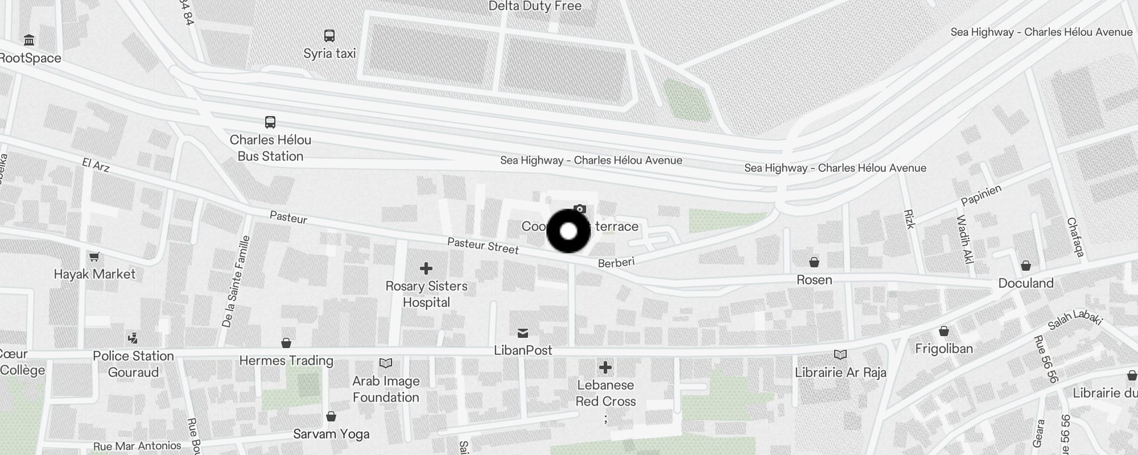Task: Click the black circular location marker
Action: [568, 231]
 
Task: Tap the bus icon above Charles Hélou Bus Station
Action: [270, 122]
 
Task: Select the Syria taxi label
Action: [329, 53]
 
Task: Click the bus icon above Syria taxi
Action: [329, 35]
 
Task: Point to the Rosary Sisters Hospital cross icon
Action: [426, 268]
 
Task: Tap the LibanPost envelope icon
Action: [523, 333]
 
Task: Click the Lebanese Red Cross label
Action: [605, 393]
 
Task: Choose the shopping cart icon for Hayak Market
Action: [94, 257]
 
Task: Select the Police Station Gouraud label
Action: [133, 364]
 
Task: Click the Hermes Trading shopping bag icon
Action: [286, 343]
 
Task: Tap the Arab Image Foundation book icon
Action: [386, 363]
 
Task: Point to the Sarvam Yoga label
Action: [331, 434]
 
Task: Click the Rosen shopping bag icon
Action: [814, 262]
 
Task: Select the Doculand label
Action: [1026, 283]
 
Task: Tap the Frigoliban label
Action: [944, 349]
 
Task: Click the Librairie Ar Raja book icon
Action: [840, 354]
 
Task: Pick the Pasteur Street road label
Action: [483, 246]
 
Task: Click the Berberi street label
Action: [616, 262]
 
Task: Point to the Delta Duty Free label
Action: [535, 6]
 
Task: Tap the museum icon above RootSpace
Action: [29, 40]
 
